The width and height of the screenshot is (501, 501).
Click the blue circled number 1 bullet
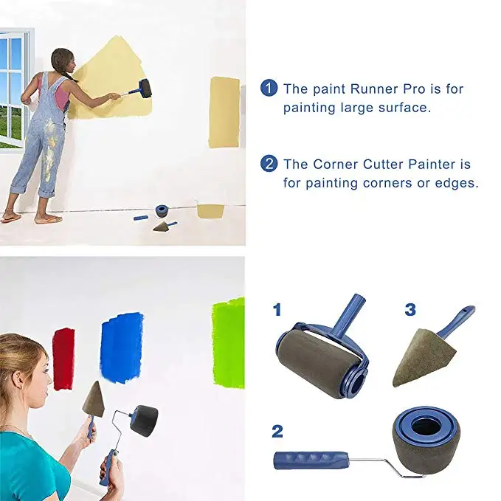(x=269, y=89)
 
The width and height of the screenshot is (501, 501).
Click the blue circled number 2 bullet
(x=269, y=164)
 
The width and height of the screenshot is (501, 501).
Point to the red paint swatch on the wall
(x=63, y=358)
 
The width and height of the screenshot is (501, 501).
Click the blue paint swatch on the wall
(x=121, y=346)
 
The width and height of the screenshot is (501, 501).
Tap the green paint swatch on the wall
(x=228, y=342)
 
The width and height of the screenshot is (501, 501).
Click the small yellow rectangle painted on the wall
(x=224, y=111)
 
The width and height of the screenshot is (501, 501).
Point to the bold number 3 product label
(x=410, y=311)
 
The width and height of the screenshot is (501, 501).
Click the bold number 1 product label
(x=277, y=311)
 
